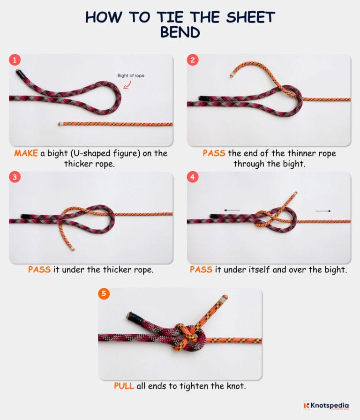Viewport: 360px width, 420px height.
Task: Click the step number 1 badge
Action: (15, 60)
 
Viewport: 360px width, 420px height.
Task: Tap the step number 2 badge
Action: (192, 60)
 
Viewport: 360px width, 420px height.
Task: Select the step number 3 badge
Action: (15, 177)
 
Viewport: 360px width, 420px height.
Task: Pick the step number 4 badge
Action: (192, 177)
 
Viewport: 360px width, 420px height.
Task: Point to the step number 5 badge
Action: (104, 294)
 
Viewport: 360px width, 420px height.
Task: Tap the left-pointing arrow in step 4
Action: (232, 210)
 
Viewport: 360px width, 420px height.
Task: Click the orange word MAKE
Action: (26, 153)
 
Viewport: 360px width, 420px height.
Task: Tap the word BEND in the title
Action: (180, 33)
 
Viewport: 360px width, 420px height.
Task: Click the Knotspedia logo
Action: (326, 405)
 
